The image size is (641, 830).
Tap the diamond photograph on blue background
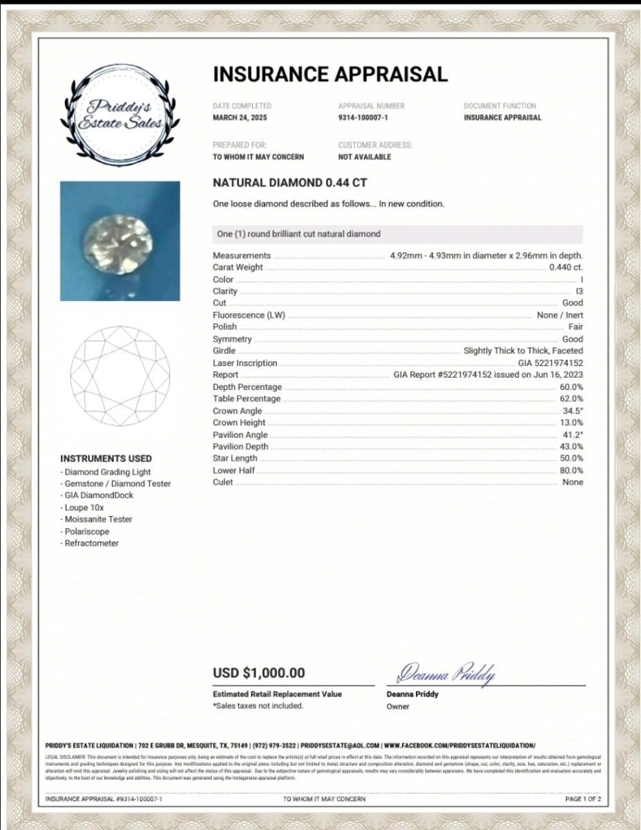120,241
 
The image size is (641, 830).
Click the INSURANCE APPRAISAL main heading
330,74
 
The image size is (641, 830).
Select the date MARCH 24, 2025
240,118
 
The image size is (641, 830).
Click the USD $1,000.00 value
259,673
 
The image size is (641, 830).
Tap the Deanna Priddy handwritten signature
445,672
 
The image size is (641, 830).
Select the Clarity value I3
579,291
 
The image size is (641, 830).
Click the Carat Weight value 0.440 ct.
566,267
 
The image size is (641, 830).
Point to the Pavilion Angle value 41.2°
572,434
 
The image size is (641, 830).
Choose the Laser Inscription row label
244,363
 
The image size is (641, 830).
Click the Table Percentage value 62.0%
571,398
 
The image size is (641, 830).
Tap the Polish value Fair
575,326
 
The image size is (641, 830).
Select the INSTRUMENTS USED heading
106,459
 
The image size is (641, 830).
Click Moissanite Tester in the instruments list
97,519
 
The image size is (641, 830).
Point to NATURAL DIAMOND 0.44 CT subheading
290,183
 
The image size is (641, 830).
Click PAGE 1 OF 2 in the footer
583,799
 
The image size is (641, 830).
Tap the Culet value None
572,482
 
